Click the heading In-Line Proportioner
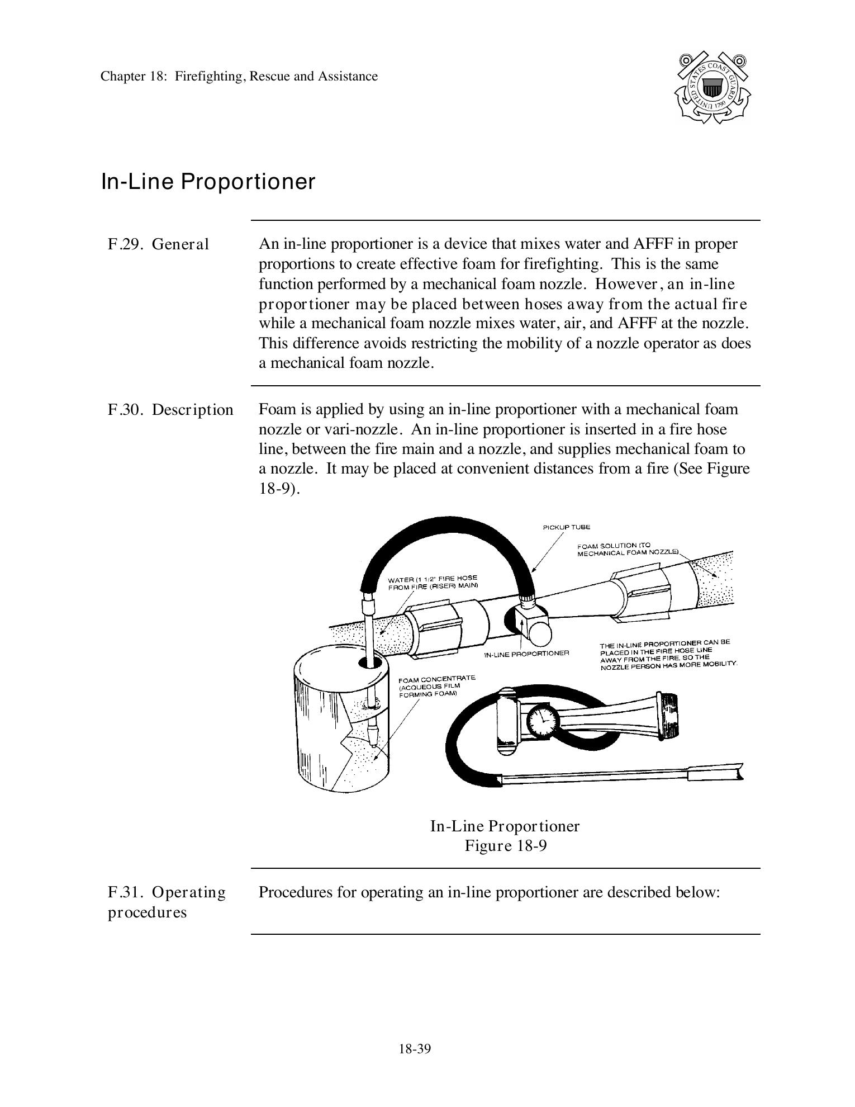208,182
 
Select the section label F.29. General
158,244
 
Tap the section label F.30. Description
170,410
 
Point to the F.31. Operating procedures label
167,902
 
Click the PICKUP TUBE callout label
566,527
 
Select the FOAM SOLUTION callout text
627,548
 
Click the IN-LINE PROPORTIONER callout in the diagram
526,653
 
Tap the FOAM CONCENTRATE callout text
436,685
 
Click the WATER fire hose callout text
433,582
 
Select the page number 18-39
415,1049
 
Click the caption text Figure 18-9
505,845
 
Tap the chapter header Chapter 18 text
239,76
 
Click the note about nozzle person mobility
668,655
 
